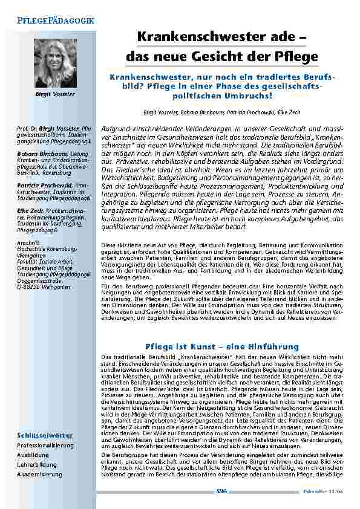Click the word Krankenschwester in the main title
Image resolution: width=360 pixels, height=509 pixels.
point(187,36)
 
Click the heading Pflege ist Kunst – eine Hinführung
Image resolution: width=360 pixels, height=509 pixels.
point(223,346)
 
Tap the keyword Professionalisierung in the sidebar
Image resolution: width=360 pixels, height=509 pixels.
point(45,446)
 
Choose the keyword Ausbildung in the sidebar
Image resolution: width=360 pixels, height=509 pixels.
point(33,455)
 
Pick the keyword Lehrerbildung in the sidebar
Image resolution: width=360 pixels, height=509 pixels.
point(37,465)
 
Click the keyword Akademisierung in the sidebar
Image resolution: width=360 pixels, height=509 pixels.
point(39,475)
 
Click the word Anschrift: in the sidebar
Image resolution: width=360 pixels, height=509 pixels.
point(28,242)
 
